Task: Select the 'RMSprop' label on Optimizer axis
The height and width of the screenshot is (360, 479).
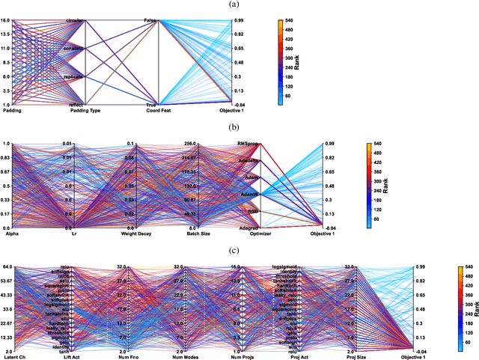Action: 248,143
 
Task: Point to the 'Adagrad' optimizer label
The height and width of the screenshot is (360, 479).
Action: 248,228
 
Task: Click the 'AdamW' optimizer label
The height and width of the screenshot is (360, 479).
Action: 249,194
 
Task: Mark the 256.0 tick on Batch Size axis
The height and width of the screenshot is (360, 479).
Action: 186,143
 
